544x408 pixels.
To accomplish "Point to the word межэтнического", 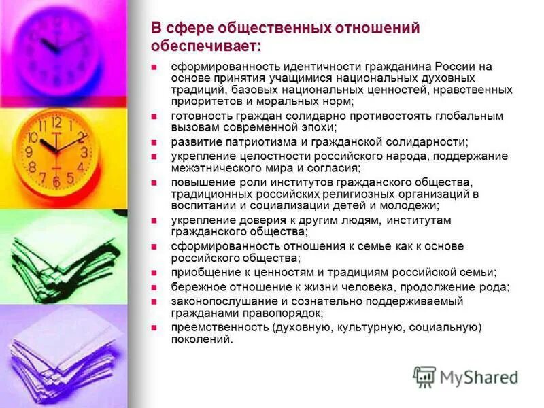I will pos(214,167).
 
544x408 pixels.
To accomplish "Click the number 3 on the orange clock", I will pos(84,152).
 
